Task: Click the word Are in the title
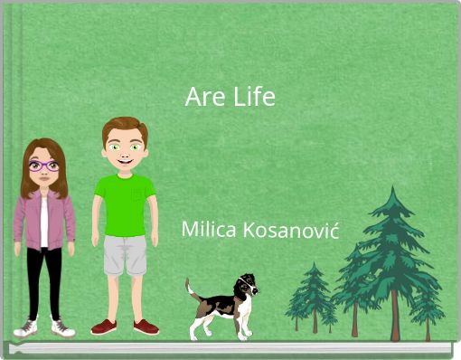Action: (x=200, y=97)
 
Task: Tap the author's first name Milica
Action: (x=207, y=229)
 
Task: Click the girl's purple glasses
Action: (x=43, y=166)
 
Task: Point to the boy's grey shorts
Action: (x=125, y=254)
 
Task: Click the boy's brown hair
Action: (x=124, y=126)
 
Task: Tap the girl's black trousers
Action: (x=43, y=280)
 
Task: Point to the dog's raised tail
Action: (x=192, y=289)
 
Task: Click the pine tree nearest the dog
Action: (x=313, y=294)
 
